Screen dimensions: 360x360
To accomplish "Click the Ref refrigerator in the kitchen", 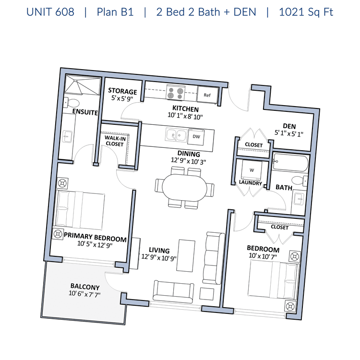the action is click(207, 95).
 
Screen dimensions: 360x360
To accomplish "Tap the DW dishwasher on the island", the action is click(196, 137).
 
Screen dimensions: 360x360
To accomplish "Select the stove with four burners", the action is click(175, 92).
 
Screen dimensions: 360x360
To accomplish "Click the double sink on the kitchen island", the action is click(176, 135).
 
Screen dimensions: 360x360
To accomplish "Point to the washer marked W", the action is click(252, 170).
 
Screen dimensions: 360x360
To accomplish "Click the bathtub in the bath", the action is click(290, 163).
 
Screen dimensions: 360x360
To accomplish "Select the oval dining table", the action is click(185, 187).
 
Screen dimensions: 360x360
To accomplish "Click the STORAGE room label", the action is click(122, 91).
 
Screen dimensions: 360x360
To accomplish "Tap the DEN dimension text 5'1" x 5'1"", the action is click(289, 133).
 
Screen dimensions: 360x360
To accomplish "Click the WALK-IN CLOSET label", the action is click(115, 141).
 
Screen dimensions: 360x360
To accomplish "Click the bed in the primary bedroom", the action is click(79, 210).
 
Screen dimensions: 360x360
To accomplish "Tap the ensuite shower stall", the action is click(83, 84).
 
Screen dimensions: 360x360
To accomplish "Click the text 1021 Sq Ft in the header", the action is click(306, 12).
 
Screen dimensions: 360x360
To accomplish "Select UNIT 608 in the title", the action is click(50, 12).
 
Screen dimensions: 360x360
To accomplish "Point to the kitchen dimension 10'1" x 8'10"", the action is click(185, 117).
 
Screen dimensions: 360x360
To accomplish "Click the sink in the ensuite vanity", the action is click(68, 137).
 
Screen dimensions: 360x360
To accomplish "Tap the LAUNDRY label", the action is click(251, 183).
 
